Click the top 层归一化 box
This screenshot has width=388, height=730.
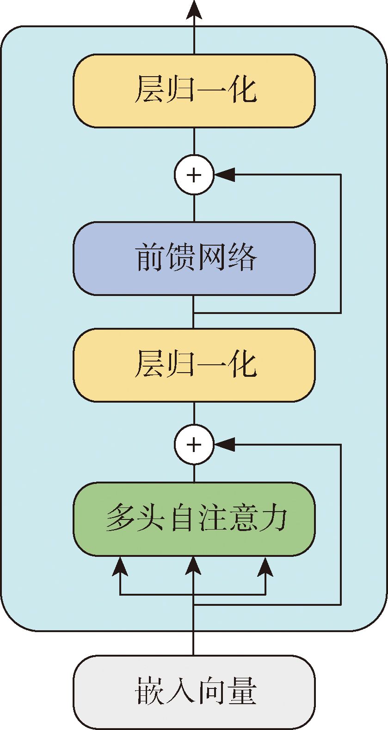click(x=194, y=90)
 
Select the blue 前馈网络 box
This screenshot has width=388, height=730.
click(x=194, y=258)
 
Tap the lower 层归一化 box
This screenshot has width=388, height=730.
click(x=194, y=365)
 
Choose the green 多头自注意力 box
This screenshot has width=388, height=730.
click(x=194, y=519)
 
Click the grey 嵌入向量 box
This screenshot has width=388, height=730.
click(x=194, y=692)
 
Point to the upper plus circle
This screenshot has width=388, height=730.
click(x=194, y=175)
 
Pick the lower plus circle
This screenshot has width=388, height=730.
click(x=194, y=444)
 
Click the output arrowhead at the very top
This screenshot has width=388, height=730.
click(x=194, y=9)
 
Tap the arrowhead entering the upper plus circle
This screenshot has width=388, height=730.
click(x=225, y=175)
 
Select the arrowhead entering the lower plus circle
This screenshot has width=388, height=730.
click(x=225, y=444)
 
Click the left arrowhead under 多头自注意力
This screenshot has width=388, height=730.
click(x=120, y=566)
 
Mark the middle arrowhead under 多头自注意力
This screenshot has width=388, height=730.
click(x=194, y=565)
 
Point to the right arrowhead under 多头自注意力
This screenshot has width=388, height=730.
click(x=265, y=566)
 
